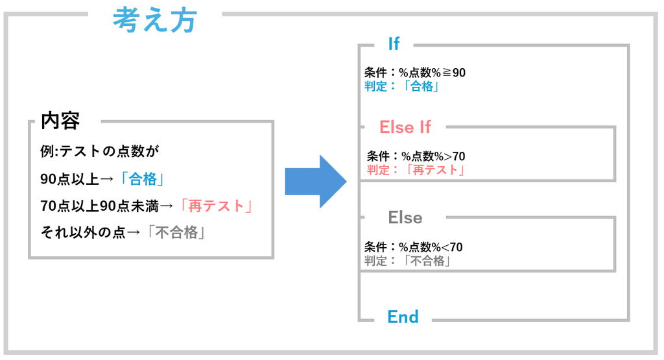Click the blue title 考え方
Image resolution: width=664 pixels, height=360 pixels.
point(155,20)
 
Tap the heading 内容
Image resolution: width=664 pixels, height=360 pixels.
point(60,121)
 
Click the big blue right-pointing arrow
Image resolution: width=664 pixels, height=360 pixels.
point(316,182)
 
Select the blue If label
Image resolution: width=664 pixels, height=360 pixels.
point(394,43)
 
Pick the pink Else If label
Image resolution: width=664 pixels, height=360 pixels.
point(405,127)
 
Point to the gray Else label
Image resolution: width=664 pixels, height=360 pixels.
point(405,218)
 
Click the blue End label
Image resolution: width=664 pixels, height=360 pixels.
point(403,317)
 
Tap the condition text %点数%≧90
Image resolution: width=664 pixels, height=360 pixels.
point(432,73)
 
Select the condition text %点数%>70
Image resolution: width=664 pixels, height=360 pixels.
point(433,156)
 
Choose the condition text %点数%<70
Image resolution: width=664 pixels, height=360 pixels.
point(431,247)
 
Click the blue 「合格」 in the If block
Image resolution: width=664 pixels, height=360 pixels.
point(420,86)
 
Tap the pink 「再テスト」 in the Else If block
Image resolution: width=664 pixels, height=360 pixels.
point(434,170)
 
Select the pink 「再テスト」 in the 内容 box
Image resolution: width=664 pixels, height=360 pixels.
point(215,206)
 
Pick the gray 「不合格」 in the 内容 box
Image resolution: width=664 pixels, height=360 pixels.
point(175,232)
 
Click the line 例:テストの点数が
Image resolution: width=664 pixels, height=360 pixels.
point(99,150)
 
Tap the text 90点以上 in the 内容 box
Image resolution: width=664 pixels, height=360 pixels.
point(70,179)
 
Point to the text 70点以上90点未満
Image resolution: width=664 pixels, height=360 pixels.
point(99,206)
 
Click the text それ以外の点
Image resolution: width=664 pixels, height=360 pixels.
point(83,232)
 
